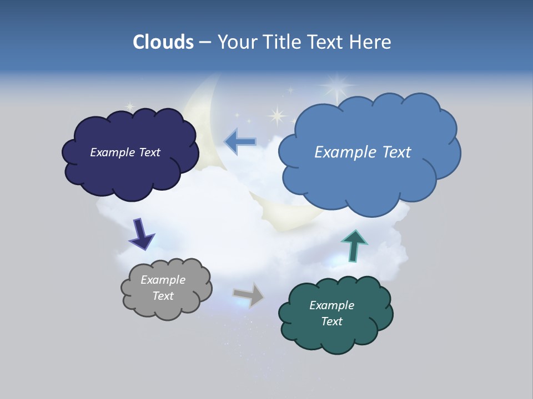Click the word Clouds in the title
(163, 42)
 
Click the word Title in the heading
(283, 42)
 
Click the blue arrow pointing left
(240, 142)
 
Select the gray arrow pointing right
(249, 294)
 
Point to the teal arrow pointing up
(354, 245)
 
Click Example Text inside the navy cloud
(125, 152)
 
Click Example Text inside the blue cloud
(363, 152)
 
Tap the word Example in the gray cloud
(163, 280)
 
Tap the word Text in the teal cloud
(331, 321)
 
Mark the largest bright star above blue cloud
(336, 86)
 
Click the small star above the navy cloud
(130, 106)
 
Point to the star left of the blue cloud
(276, 116)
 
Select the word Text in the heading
(326, 42)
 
